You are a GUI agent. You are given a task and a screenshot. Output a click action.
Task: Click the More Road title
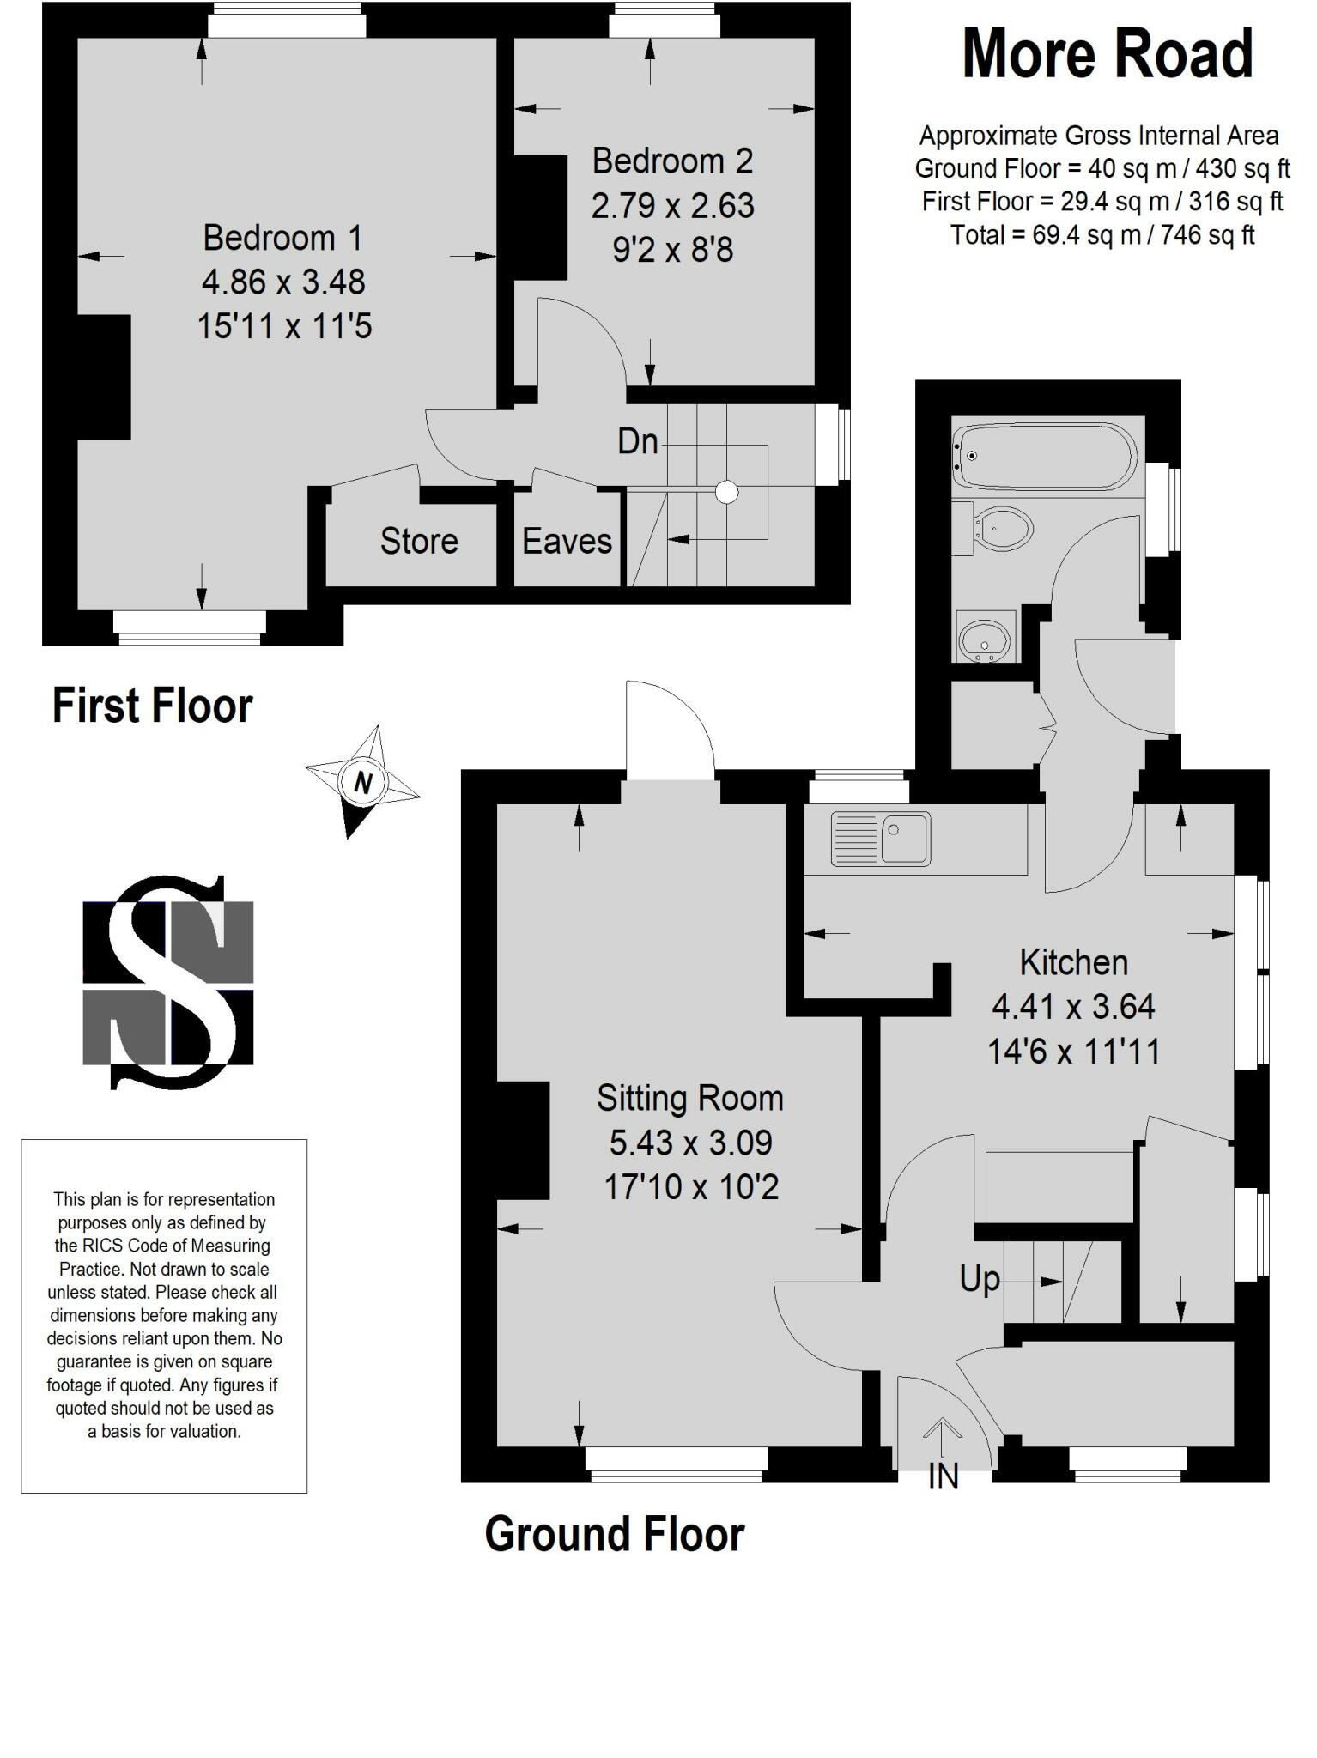click(1108, 54)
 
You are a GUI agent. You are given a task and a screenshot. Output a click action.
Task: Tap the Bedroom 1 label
click(282, 238)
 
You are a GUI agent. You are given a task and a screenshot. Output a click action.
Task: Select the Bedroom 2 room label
click(672, 161)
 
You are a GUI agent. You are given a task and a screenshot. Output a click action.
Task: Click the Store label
click(419, 541)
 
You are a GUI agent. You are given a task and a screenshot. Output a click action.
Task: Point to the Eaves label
click(567, 541)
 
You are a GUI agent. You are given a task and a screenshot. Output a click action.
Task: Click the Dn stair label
click(638, 441)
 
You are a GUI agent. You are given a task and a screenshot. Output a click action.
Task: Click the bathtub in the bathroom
click(1045, 455)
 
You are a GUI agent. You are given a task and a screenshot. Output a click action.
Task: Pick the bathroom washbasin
click(984, 637)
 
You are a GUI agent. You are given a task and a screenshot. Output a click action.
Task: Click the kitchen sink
click(881, 838)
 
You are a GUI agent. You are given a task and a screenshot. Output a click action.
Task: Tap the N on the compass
click(364, 782)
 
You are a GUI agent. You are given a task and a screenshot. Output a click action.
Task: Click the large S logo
click(168, 982)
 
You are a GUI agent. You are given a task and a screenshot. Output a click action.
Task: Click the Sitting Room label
click(690, 1098)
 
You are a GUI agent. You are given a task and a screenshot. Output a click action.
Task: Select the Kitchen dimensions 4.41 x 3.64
click(1073, 1006)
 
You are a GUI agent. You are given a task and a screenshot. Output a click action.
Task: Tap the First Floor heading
click(153, 706)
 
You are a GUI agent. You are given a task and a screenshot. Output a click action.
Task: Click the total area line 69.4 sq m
click(1102, 234)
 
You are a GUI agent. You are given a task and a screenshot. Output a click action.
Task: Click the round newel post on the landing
click(727, 491)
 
